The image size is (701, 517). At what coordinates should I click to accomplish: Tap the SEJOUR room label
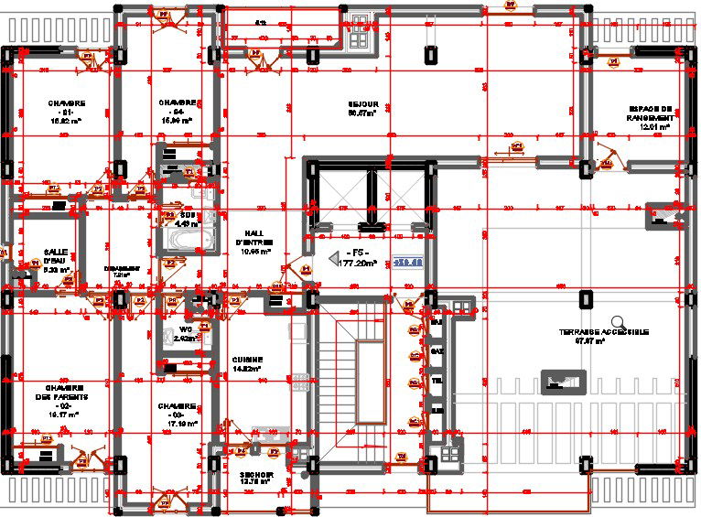363,109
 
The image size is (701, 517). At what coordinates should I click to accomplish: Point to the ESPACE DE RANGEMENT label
650,116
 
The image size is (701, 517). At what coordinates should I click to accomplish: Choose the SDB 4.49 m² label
187,219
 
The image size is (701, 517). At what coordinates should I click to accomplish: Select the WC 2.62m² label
185,333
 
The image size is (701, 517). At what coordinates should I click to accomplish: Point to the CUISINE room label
247,363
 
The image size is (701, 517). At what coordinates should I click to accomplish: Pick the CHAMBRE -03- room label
177,411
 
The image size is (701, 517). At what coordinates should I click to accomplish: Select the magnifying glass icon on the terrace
620,322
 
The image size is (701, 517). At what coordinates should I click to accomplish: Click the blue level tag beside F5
408,262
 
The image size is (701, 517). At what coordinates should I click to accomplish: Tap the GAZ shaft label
437,350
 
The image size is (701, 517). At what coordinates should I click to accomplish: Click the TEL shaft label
437,380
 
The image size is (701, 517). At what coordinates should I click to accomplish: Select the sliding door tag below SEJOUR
516,145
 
